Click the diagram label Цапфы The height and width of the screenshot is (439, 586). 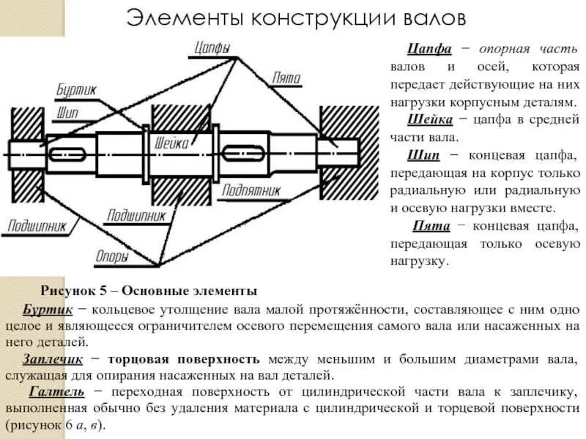[213, 48]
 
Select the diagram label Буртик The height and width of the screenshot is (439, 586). [75, 90]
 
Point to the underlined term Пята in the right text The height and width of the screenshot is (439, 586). [431, 226]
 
